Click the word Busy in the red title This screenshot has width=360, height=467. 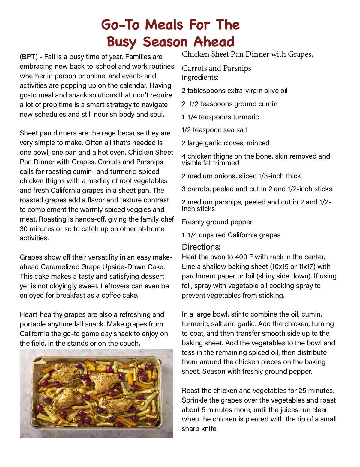click(122, 42)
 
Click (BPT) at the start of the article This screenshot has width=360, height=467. click(29, 57)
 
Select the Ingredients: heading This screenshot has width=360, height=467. click(200, 77)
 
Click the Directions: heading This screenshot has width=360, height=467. click(201, 247)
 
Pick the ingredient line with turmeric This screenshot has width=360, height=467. click(220, 117)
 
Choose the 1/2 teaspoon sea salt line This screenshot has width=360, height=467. click(214, 130)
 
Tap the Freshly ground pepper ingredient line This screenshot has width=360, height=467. click(217, 222)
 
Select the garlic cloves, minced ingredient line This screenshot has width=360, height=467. click(226, 143)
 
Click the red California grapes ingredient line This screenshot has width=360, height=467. click(231, 235)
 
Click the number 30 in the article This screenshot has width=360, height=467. click(24, 229)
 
